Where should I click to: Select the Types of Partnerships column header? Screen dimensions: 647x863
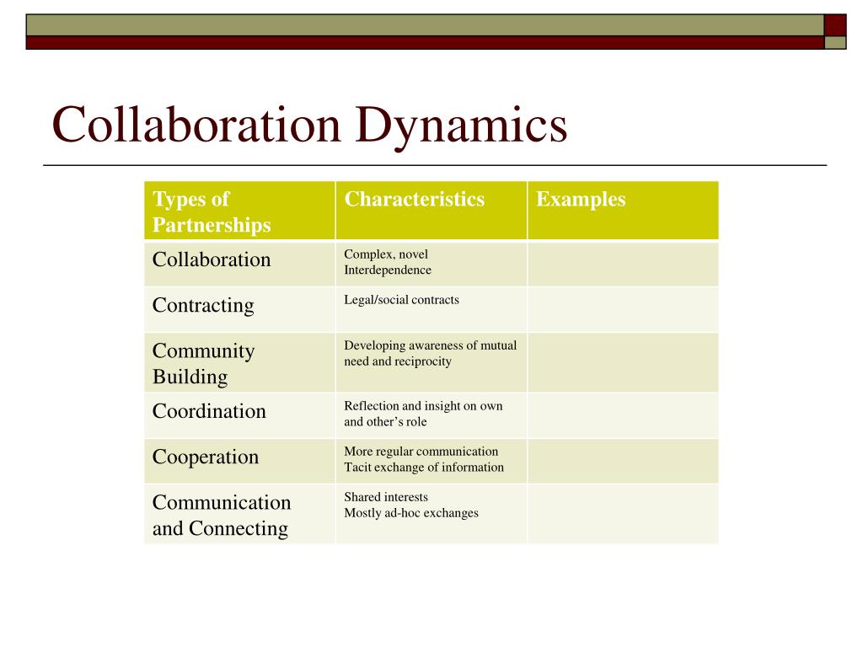212,211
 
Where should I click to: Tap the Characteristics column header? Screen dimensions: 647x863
415,200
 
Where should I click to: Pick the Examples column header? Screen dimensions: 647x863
581,200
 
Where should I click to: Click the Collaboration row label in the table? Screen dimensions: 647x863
212,259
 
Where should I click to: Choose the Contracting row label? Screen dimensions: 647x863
203,305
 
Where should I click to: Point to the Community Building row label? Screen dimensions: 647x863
203,363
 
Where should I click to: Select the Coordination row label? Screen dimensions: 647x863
209,411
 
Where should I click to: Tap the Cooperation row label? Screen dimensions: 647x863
206,457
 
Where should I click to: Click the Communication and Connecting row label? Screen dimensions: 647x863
221,515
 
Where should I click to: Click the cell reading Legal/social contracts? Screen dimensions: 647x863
401,300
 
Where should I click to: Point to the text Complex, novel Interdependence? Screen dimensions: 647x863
388,262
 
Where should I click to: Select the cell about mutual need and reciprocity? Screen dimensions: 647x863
430,353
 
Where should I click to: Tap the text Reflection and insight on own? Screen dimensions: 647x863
423,406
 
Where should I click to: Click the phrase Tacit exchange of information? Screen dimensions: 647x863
424,467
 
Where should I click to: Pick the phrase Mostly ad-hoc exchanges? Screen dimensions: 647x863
411,512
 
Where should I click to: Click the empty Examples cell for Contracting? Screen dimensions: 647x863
623,309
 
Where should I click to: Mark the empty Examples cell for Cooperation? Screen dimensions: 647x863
623,460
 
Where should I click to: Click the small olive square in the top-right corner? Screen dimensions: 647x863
835,42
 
